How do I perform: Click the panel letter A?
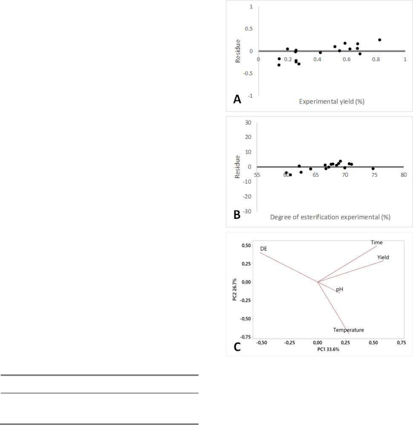tap(237, 99)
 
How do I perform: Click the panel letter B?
tap(237, 215)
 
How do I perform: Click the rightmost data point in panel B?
tap(373, 169)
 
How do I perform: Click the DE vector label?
tap(264, 249)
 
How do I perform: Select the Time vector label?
tap(377, 243)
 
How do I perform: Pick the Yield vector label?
tap(383, 257)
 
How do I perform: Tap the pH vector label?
tap(340, 290)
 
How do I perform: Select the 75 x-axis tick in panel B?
tap(374, 175)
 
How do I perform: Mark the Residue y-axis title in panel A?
tap(238, 51)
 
